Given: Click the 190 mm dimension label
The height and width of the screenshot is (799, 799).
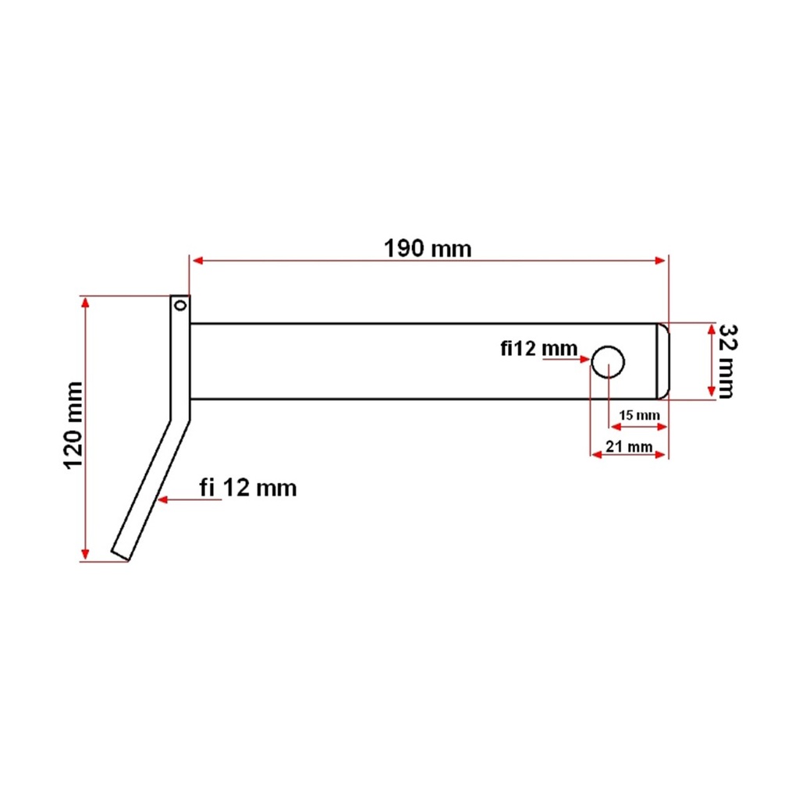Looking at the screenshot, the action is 428,249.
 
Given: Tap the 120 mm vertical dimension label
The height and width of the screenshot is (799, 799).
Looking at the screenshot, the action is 73,425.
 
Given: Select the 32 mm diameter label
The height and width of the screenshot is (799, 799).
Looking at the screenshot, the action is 726,361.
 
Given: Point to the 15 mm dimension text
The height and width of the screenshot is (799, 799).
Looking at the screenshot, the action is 639,415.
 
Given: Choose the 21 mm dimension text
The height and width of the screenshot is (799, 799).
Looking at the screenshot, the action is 629,446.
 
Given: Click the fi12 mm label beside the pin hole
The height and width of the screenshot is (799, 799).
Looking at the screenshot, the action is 538,349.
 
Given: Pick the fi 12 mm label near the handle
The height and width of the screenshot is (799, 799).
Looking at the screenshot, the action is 247,488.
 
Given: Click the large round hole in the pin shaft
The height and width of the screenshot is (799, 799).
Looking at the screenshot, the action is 608,362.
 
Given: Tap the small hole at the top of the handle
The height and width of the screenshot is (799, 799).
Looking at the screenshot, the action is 180,306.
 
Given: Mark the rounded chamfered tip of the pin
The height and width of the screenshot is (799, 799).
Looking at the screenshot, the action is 662,361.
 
